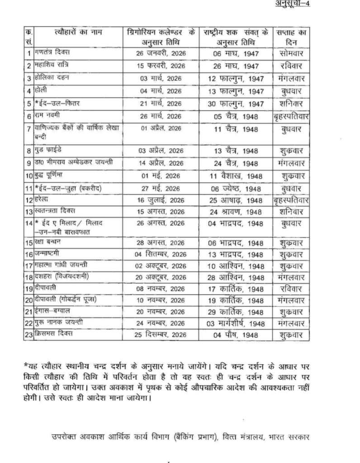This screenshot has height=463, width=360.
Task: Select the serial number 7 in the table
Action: pos(28,129)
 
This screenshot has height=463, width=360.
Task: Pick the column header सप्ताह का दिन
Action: pos(291,37)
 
